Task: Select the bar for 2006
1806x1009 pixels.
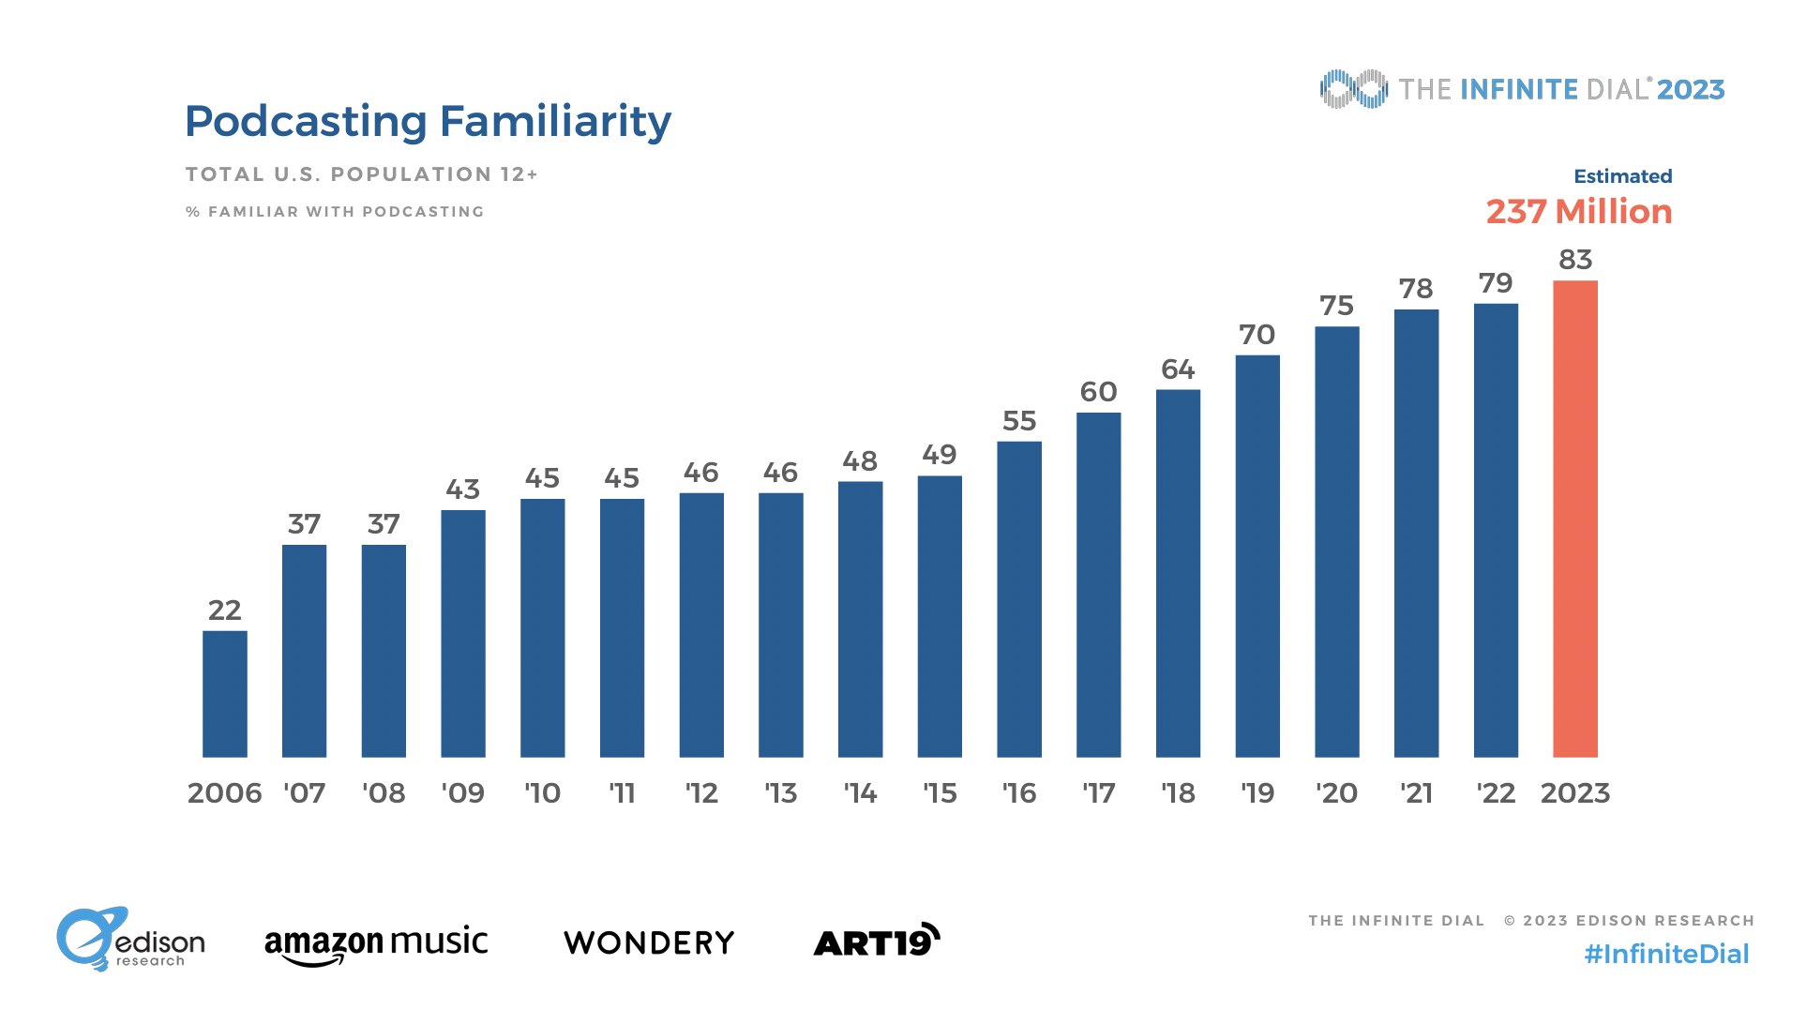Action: (x=225, y=694)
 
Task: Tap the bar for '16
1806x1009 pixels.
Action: (x=1019, y=599)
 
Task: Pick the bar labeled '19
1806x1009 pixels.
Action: (x=1257, y=556)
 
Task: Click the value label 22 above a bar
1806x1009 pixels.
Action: (x=225, y=610)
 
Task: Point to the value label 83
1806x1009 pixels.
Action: (x=1575, y=260)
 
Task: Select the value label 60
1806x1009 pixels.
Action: (x=1098, y=392)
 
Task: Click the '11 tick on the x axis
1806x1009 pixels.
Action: (x=622, y=793)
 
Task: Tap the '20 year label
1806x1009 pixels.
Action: (x=1336, y=793)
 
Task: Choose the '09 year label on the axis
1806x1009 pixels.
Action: (x=463, y=793)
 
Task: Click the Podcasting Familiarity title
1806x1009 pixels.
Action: (x=428, y=122)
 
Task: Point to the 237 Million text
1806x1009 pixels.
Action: (x=1579, y=212)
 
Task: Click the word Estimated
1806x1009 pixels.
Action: (x=1622, y=176)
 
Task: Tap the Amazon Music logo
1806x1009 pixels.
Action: (x=376, y=942)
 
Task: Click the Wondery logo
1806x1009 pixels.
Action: (x=649, y=942)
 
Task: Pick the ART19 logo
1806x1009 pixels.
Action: (x=876, y=941)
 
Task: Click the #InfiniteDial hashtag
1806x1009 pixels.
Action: (x=1666, y=955)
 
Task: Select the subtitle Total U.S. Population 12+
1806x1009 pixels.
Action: (x=361, y=174)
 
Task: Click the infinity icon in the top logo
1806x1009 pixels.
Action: (x=1353, y=89)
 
